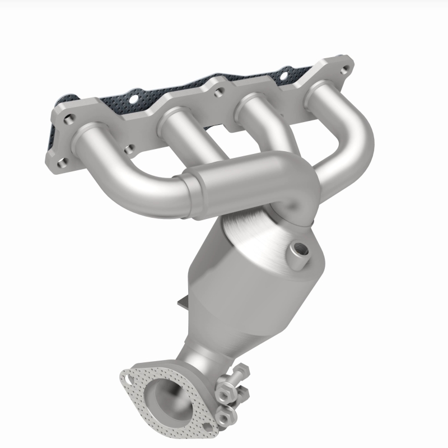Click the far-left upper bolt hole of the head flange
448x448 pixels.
(x=69, y=119)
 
